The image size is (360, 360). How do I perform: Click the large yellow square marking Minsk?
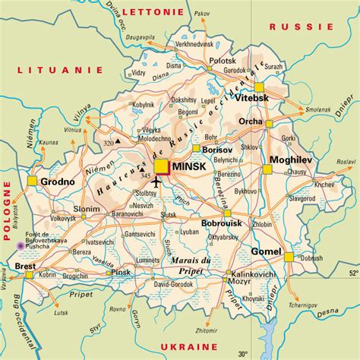162,166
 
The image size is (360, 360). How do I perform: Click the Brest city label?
14,266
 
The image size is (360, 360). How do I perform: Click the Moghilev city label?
291,159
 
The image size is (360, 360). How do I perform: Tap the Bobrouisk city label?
223,224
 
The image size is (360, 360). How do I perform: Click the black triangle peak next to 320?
118,141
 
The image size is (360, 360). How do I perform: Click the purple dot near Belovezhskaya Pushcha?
19,245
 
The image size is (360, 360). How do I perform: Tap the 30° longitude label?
243,353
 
